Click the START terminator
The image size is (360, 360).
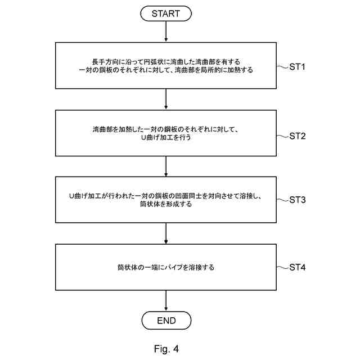coord(166,14)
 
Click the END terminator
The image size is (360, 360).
coord(166,321)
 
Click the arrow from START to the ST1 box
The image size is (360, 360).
coord(166,33)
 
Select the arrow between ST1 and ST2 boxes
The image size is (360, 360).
coord(166,100)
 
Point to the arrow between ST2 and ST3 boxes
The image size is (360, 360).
coord(166,166)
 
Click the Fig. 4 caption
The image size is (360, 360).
coord(166,349)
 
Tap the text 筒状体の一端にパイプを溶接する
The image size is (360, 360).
coord(166,267)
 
